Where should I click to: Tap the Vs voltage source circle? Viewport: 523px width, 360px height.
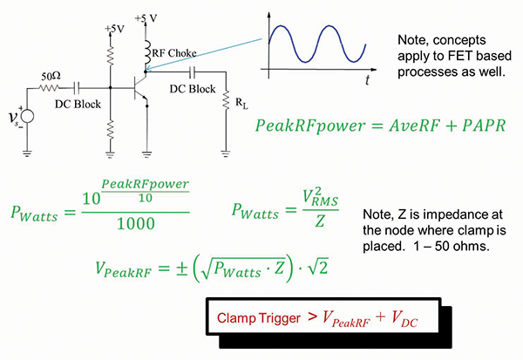(26, 116)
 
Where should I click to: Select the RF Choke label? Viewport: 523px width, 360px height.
(174, 52)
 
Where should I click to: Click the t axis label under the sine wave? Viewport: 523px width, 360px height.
(368, 80)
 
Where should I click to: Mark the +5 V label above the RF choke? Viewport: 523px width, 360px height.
(145, 17)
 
